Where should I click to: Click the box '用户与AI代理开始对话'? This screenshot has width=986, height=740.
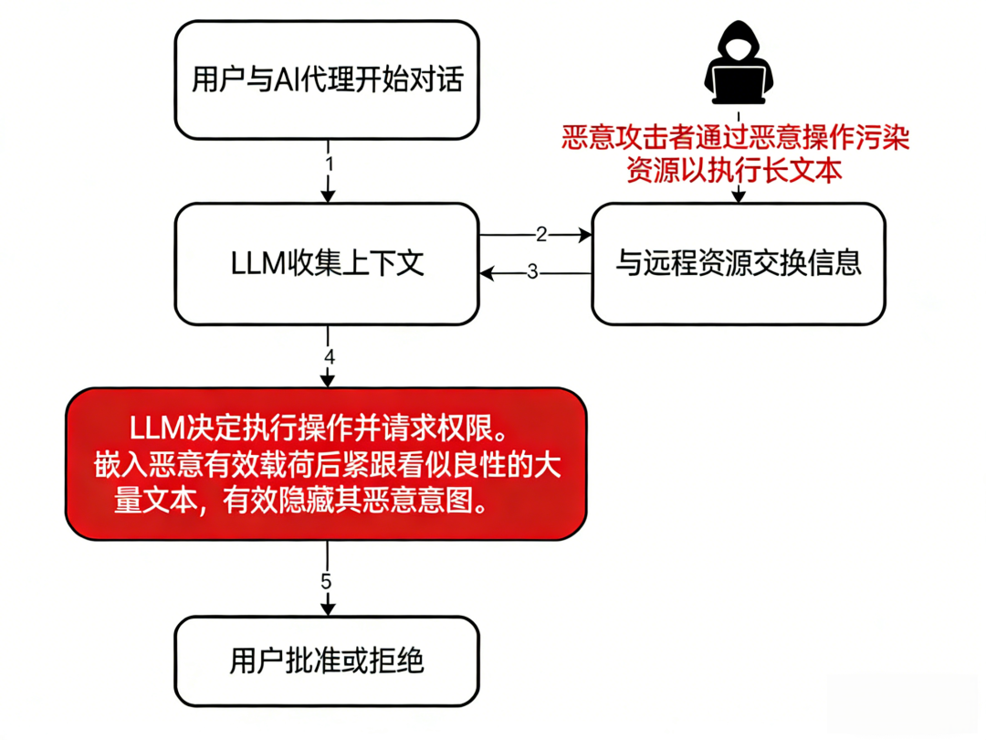click(x=328, y=80)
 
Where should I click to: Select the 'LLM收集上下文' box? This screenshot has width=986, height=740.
click(x=328, y=263)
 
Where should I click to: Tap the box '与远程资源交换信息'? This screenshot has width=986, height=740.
click(x=739, y=263)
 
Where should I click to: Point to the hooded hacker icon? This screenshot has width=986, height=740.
click(x=739, y=64)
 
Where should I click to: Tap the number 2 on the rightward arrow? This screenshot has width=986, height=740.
click(x=540, y=235)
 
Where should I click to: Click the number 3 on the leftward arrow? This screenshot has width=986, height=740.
click(x=533, y=272)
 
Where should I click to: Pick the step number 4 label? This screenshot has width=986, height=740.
click(x=329, y=356)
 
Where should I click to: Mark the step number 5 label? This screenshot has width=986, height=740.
click(x=328, y=582)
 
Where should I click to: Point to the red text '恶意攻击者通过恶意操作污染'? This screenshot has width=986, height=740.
click(x=736, y=139)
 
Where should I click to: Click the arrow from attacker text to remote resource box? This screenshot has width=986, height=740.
click(x=738, y=194)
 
